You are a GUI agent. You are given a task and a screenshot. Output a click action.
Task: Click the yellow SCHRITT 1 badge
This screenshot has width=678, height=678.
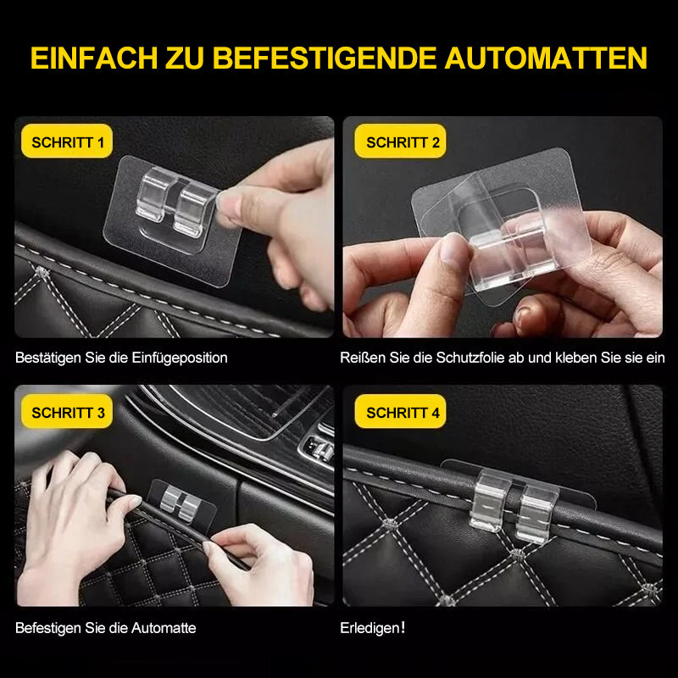(68, 142)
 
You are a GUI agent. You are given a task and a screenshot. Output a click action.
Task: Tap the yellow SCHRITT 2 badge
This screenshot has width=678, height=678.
(403, 142)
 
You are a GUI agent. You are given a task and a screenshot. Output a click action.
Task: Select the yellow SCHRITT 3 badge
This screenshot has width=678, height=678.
(68, 413)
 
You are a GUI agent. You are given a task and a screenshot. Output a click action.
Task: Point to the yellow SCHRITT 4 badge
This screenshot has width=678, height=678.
(403, 413)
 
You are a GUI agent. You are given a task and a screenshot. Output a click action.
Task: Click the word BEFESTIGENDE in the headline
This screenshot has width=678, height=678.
(325, 58)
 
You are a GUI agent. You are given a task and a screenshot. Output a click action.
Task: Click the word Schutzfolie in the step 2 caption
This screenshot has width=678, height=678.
(470, 358)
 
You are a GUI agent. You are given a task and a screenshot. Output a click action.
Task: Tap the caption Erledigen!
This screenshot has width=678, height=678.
(373, 628)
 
